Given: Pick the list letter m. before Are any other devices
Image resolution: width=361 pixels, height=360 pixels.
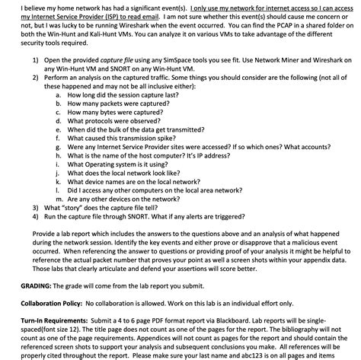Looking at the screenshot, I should click(59, 197).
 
